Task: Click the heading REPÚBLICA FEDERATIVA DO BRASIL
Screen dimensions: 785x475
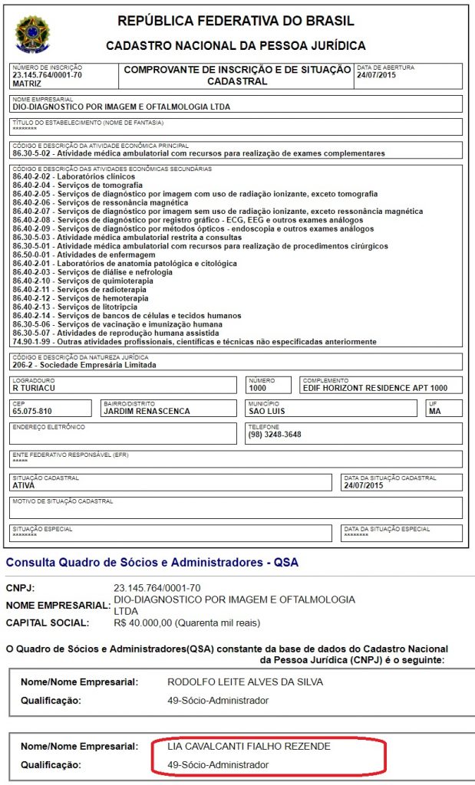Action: (x=236, y=21)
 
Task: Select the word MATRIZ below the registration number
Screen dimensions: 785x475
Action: (x=28, y=84)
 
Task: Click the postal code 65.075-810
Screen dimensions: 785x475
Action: (x=33, y=411)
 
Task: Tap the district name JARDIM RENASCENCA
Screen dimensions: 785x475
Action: (x=147, y=411)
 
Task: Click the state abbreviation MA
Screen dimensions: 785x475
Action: (x=435, y=411)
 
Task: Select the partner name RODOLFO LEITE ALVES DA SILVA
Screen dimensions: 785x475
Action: (x=246, y=682)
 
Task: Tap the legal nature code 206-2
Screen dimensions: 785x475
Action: (x=24, y=365)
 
